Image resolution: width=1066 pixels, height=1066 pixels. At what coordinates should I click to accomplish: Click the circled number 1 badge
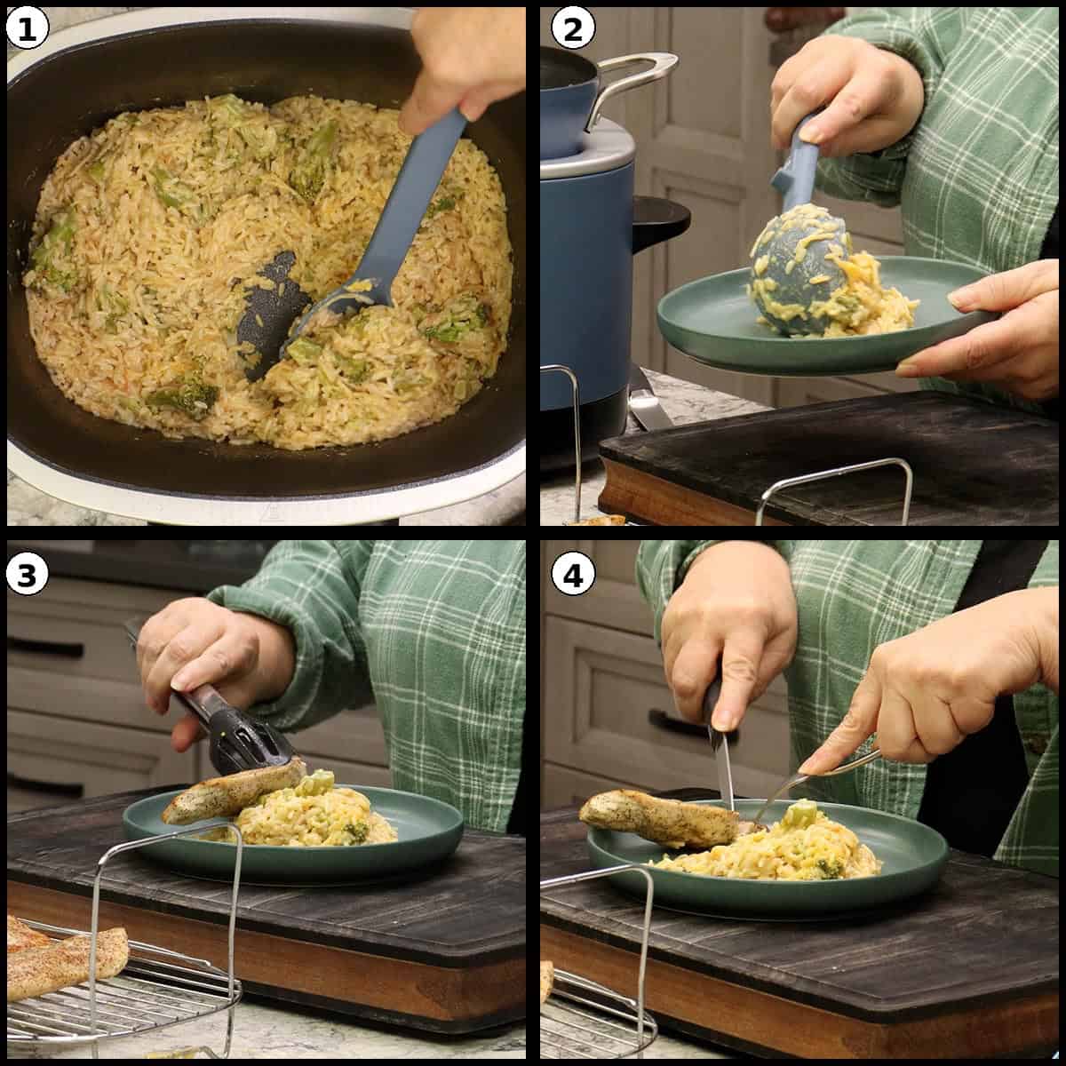coord(27,28)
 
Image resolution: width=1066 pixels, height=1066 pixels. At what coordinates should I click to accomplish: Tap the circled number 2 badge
coord(573,28)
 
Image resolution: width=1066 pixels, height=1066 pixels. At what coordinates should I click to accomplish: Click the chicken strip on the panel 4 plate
coord(659,820)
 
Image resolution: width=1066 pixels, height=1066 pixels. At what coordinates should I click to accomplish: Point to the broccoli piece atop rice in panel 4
coord(802,813)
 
